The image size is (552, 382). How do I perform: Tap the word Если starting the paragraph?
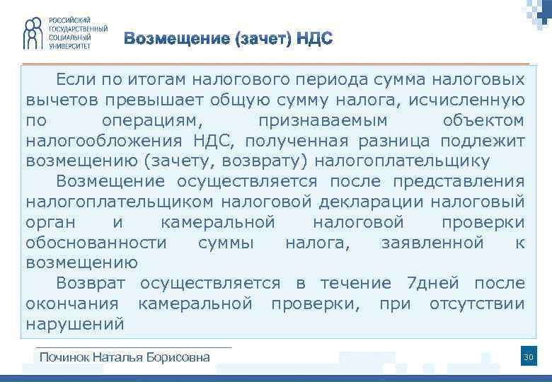[x=76, y=79]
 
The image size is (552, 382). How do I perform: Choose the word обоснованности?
[x=96, y=243]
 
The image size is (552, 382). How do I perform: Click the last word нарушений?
[x=75, y=325]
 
